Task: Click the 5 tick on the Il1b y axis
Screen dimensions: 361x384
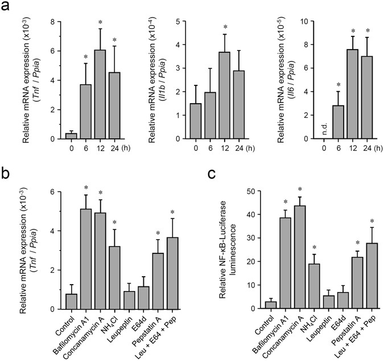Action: [177, 22]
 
